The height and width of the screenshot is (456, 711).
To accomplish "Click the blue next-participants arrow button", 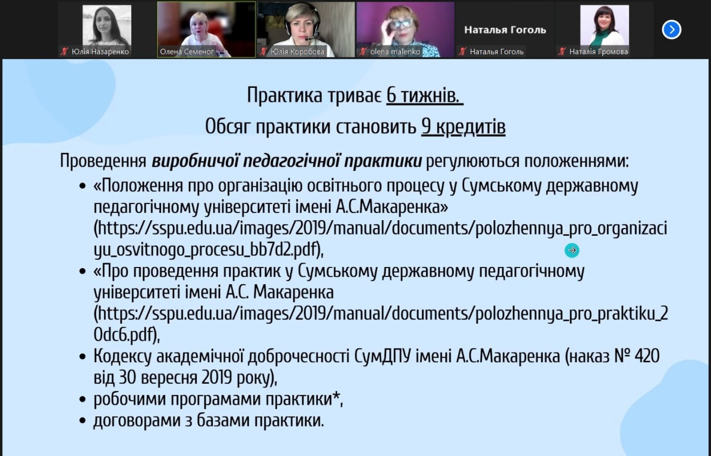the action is pos(672,30).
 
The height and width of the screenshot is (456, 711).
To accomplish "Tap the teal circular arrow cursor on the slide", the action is pos(572,250).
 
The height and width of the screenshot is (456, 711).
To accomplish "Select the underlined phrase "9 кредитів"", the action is pos(463,127).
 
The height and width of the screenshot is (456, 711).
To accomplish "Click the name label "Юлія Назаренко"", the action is pos(101,52).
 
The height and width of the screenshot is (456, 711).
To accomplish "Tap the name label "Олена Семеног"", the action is pos(187,52).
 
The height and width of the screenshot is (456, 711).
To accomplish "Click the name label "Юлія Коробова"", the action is pos(297,52).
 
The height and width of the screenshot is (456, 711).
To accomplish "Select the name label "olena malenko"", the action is pos(395,52).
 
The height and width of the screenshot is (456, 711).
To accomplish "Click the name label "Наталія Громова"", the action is pos(599,52).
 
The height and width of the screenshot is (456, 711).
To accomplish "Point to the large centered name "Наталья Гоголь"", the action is pos(505,30).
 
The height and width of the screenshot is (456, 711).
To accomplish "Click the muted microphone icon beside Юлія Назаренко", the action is pos(65,52).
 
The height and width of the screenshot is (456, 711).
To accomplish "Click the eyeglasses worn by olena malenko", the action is pos(401,24).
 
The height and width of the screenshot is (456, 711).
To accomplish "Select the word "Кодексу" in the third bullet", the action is pos(122,356).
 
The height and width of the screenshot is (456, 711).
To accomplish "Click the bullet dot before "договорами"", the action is pos(83,421).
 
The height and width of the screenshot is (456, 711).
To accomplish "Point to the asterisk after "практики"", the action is pos(337,395).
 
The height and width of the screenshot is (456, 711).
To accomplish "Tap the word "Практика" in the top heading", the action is pos(284,95).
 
